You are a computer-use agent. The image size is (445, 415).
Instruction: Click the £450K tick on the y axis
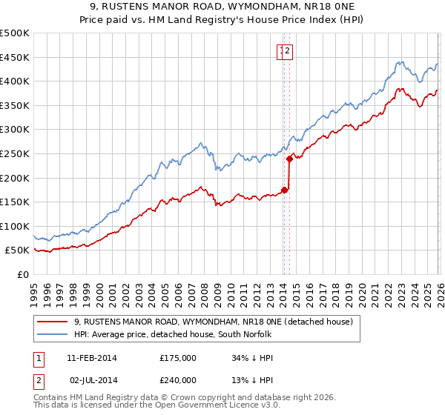click(x=15, y=57)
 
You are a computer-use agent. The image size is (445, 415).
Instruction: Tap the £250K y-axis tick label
click(x=15, y=153)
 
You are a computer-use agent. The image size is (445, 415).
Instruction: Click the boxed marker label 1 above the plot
click(x=283, y=51)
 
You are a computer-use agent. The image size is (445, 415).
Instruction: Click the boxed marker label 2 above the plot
click(x=289, y=51)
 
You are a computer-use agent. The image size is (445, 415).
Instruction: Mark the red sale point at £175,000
click(x=284, y=190)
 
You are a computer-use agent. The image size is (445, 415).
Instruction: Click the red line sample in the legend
click(x=53, y=322)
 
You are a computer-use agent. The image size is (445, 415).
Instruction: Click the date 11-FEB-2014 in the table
click(x=91, y=358)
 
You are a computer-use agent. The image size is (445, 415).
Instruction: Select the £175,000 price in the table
click(x=178, y=358)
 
